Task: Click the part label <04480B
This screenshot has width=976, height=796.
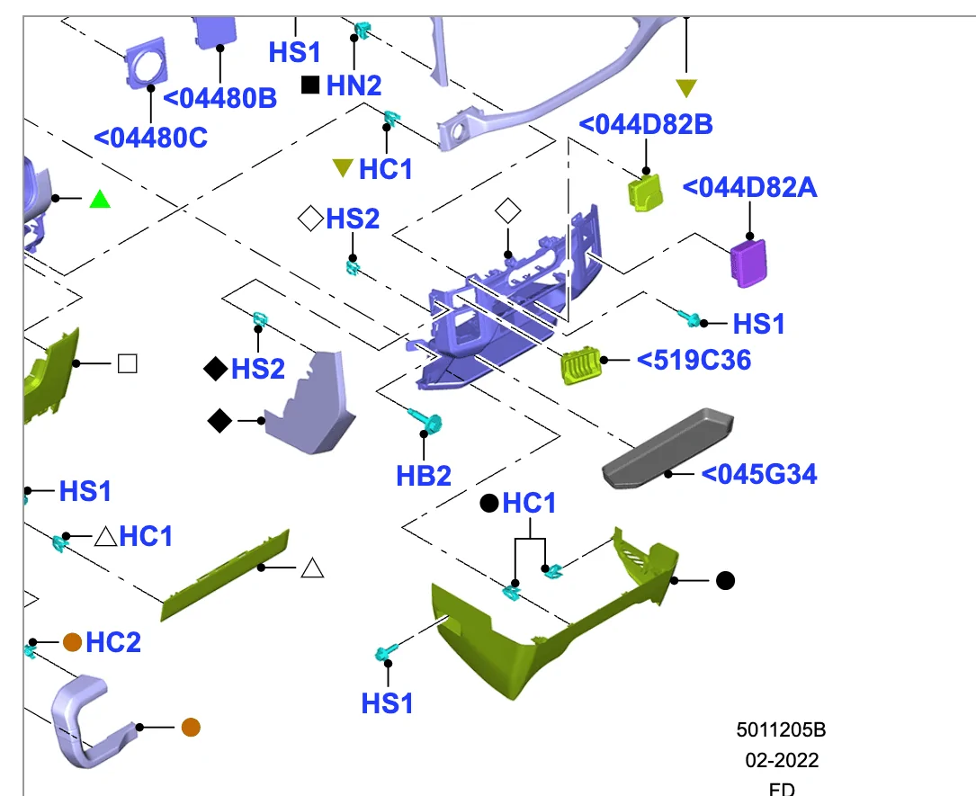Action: pos(219,98)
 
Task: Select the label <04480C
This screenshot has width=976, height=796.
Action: pos(151,138)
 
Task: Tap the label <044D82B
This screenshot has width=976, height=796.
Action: pos(646,124)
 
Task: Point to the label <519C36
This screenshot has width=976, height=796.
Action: pos(694,360)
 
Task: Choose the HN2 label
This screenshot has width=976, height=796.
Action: pos(354,85)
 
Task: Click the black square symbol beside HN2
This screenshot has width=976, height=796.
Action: pos(310,85)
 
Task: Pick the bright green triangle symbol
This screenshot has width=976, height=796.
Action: pos(100,199)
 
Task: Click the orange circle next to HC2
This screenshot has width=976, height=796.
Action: pos(73,641)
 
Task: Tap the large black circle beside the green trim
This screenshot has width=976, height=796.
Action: pos(725,581)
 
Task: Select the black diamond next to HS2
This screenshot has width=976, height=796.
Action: pos(216,368)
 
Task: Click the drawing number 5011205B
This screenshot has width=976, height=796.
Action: pos(781,729)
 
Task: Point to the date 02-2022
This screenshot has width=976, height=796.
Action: pos(781,760)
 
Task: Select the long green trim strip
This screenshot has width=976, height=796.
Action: pos(226,575)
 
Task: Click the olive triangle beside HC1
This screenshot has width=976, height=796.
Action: pos(343,167)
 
